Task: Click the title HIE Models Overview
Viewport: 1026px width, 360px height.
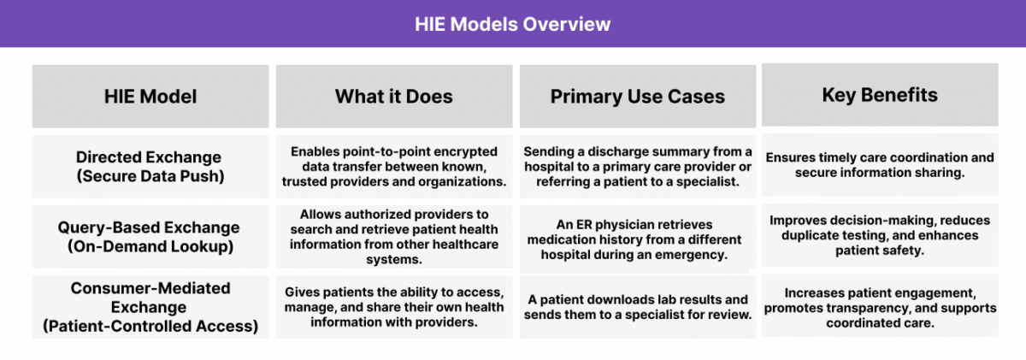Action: point(513,24)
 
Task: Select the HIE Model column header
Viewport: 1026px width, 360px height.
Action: point(150,97)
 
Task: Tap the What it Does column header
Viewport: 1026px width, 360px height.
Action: point(393,97)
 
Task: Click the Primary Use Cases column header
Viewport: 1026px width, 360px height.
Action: point(637,97)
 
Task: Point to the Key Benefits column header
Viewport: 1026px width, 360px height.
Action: point(880,95)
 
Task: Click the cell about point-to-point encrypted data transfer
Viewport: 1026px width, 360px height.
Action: point(393,166)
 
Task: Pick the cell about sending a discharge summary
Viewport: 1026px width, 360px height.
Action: point(637,166)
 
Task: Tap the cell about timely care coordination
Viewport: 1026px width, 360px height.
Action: point(880,166)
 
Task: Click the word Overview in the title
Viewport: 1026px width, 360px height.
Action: point(572,24)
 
